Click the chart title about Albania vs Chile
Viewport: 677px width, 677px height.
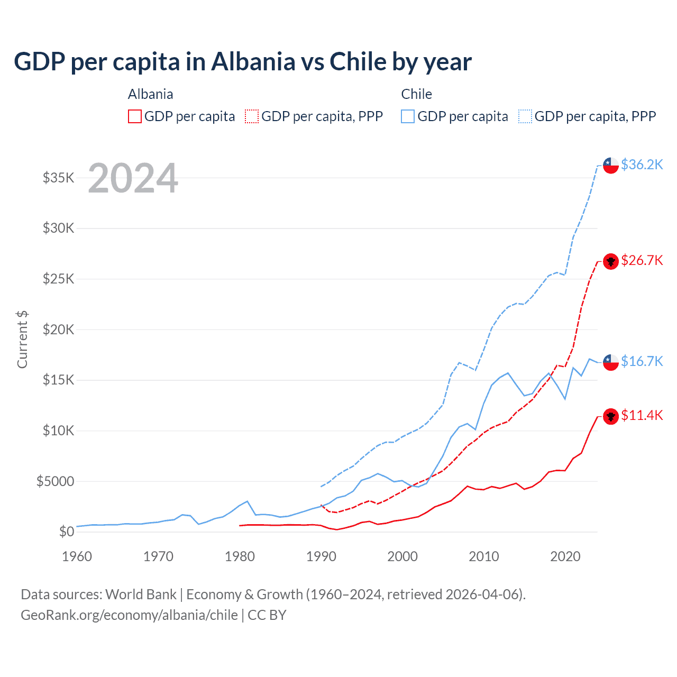tap(243, 62)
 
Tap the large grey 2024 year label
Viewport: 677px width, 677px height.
tap(133, 178)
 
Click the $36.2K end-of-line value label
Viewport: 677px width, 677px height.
tap(642, 164)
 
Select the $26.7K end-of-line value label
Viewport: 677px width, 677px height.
tap(642, 260)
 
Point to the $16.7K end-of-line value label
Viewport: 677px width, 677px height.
tap(642, 361)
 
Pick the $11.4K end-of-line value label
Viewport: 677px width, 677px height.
tap(642, 415)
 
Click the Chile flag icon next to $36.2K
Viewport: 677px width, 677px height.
tap(611, 165)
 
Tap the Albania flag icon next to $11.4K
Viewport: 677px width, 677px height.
tap(611, 416)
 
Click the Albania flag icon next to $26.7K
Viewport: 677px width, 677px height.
tap(611, 261)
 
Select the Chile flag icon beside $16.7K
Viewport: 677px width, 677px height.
tap(611, 362)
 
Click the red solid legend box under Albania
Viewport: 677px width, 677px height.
tap(135, 116)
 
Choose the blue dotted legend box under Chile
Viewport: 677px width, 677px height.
tap(525, 116)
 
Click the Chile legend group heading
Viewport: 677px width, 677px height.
tap(416, 94)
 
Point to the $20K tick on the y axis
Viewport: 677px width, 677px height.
tap(59, 330)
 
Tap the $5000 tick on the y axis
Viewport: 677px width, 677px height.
tap(56, 481)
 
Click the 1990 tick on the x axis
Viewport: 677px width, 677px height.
tap(321, 556)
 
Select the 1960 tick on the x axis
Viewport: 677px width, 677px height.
tap(77, 556)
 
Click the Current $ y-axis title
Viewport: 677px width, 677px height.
tap(22, 340)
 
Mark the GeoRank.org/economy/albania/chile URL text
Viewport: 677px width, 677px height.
tap(129, 615)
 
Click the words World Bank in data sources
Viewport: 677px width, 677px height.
tap(141, 594)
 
